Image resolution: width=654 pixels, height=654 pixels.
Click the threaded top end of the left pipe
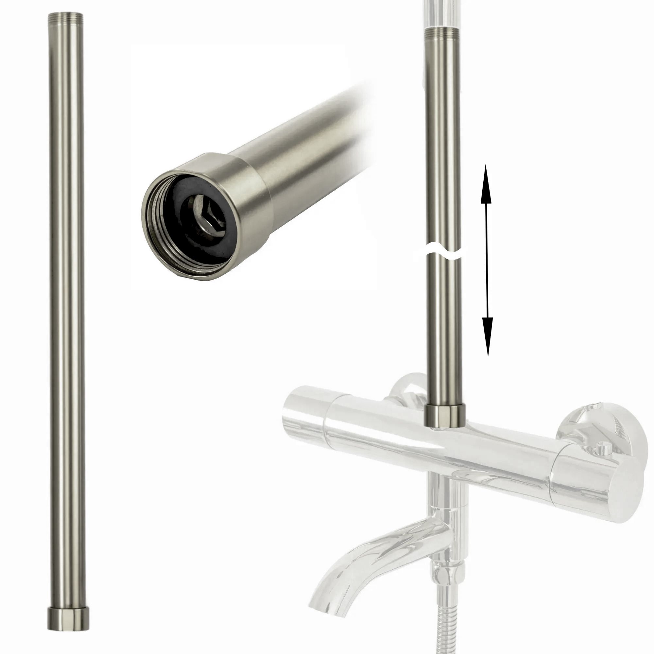66,17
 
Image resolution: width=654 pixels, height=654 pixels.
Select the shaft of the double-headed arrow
487,261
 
